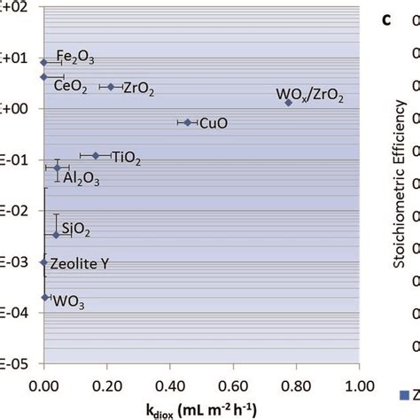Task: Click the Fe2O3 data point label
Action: [x=75, y=58]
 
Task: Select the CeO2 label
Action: [x=69, y=85]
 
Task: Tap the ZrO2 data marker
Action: [x=111, y=87]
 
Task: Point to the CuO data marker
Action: [x=187, y=122]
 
